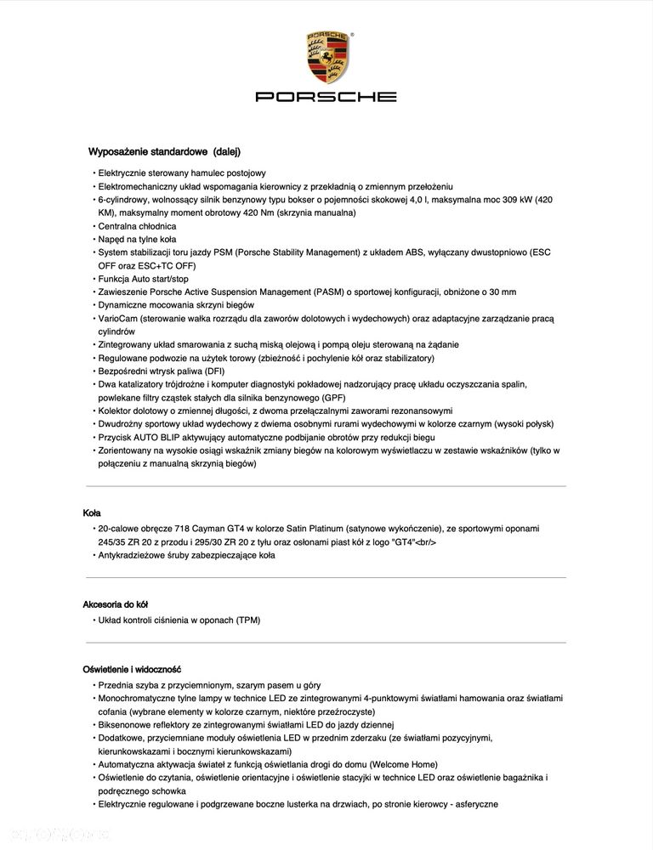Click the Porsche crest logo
[x=326, y=57]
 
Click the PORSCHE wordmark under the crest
[x=326, y=97]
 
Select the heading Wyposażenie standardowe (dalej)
[x=164, y=152]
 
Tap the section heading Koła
[x=92, y=513]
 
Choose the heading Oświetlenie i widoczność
[x=131, y=670]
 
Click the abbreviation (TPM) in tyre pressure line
[x=247, y=620]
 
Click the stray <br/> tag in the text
[x=425, y=542]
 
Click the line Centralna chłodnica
[x=137, y=226]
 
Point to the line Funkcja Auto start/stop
[x=143, y=278]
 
